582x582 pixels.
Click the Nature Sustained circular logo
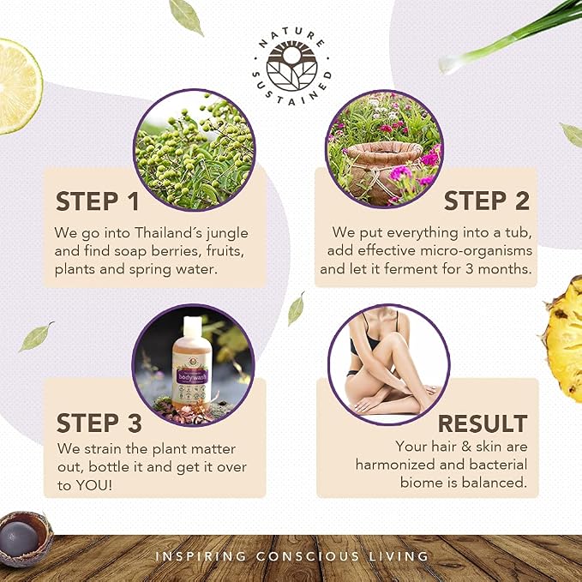291,67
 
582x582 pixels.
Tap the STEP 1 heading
97,201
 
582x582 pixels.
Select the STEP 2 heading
487,201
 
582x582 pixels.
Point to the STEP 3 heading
99,423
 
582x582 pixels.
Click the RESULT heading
483,423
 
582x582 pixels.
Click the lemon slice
19,86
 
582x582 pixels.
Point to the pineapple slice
563,339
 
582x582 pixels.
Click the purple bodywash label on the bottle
191,376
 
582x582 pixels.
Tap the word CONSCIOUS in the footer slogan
308,556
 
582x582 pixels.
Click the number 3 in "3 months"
470,268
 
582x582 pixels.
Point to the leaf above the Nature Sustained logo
186,16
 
